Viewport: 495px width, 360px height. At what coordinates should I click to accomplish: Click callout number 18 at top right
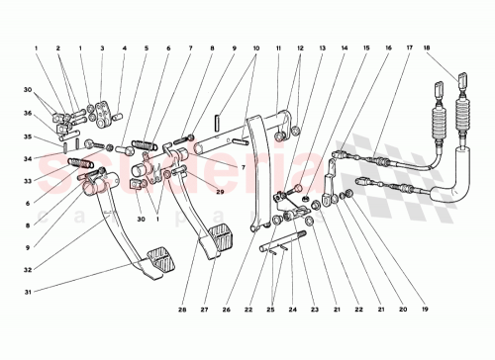455,46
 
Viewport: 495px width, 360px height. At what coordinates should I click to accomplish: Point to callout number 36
30,112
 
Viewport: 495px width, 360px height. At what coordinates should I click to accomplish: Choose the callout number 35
30,136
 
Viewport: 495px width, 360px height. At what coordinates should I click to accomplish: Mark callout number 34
30,158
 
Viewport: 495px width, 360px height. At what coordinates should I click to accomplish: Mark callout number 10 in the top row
255,46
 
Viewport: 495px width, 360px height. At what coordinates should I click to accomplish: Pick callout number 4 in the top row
124,46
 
